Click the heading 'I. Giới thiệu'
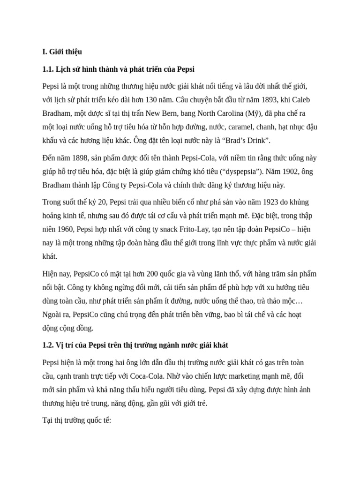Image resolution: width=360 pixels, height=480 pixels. (62, 52)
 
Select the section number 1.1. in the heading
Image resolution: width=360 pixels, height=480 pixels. (49, 69)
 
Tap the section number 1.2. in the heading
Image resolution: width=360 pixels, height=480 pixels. (49, 345)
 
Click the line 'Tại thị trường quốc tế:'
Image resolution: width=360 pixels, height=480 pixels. (76, 420)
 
